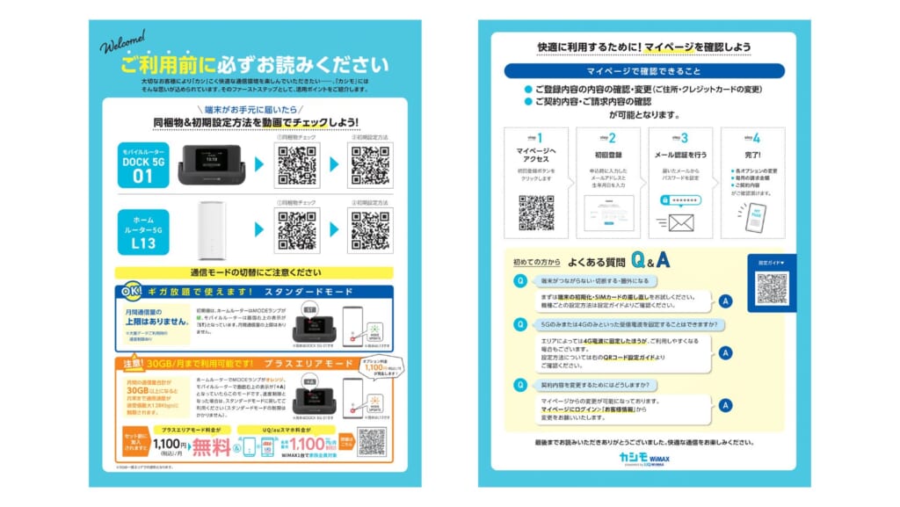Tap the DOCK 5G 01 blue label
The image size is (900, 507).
point(142,165)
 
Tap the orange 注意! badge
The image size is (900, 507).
point(128,365)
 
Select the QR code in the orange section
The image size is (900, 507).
point(372,442)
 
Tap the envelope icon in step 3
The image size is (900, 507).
point(681,222)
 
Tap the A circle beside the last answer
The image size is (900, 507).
point(725,406)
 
